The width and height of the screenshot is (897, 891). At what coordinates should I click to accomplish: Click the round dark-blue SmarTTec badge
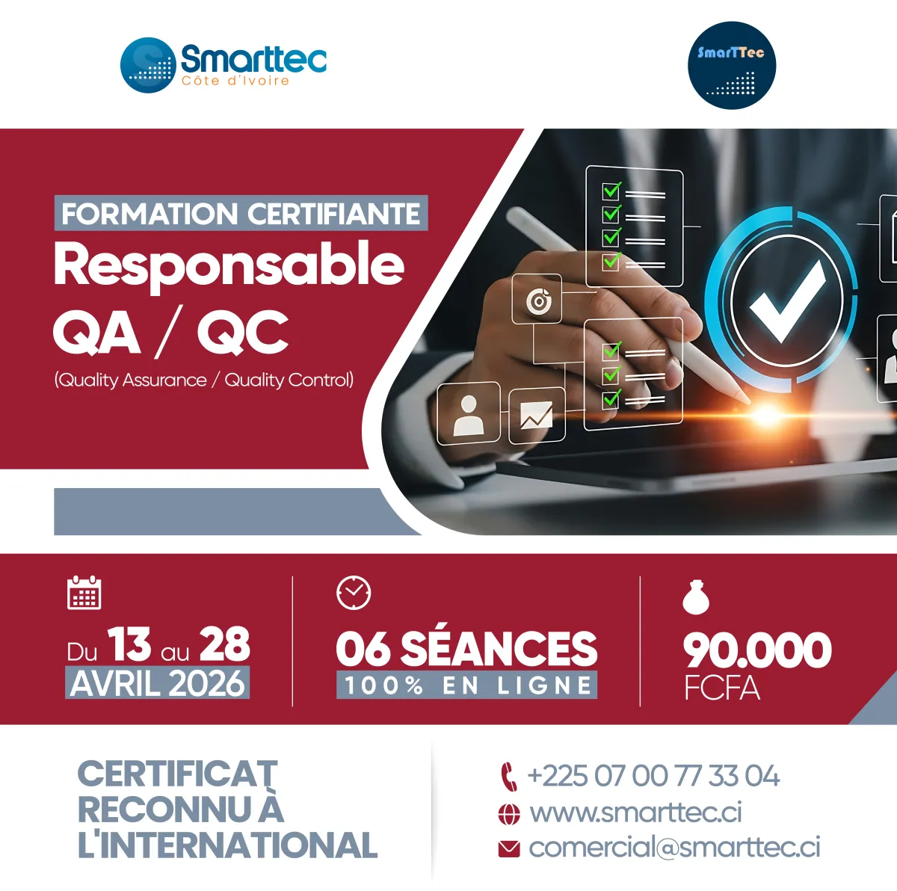click(x=732, y=66)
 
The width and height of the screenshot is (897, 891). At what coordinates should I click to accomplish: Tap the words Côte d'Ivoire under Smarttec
click(x=235, y=81)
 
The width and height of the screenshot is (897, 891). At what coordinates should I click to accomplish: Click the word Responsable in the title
click(x=229, y=264)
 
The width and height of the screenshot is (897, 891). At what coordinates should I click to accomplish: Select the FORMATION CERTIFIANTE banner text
click(x=241, y=214)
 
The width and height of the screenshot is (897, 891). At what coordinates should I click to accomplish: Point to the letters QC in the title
click(x=242, y=333)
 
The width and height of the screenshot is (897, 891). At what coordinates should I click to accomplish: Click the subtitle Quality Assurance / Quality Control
click(x=204, y=380)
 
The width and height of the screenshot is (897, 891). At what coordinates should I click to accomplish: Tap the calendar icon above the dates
click(x=84, y=592)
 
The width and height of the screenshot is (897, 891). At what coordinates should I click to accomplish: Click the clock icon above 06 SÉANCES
click(x=354, y=593)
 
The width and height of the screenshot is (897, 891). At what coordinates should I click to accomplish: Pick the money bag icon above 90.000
click(x=696, y=596)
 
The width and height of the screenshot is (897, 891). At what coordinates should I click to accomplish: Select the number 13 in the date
click(x=130, y=644)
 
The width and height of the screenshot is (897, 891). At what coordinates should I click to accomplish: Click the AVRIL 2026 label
click(x=157, y=683)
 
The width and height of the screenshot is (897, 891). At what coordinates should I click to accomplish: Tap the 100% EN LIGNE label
click(x=467, y=685)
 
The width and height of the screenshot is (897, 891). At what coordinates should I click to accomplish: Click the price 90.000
click(x=757, y=650)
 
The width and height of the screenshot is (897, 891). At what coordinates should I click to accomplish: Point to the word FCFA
click(x=722, y=687)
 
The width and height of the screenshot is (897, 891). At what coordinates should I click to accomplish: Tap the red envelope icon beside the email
click(x=509, y=849)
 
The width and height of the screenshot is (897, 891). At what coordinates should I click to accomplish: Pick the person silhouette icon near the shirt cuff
click(x=468, y=416)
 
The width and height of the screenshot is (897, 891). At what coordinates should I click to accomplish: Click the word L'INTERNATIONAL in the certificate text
click(x=228, y=845)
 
